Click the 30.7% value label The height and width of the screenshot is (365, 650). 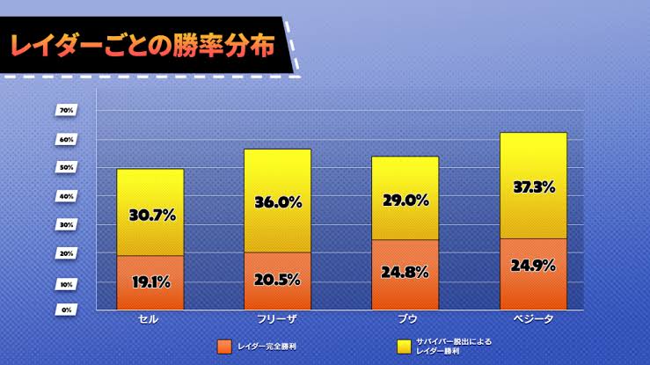click(150, 214)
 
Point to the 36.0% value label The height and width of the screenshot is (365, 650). click(277, 202)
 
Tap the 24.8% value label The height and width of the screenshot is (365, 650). click(405, 274)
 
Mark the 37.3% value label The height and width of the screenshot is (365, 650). click(533, 186)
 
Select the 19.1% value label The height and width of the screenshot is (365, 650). click(150, 282)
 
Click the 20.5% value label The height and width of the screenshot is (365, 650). click(277, 281)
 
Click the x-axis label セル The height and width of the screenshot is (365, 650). click(150, 320)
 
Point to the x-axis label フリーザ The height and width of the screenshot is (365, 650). click(277, 320)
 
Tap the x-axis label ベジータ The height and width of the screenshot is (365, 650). click(533, 320)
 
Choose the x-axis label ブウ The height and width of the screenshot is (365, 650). click(405, 320)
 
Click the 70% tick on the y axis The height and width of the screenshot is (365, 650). click(67, 110)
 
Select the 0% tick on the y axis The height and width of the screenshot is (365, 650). click(67, 310)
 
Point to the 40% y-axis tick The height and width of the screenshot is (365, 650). click(67, 196)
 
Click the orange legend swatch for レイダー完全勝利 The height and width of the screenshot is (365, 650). click(224, 346)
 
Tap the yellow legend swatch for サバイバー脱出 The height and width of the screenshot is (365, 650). click(405, 346)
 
